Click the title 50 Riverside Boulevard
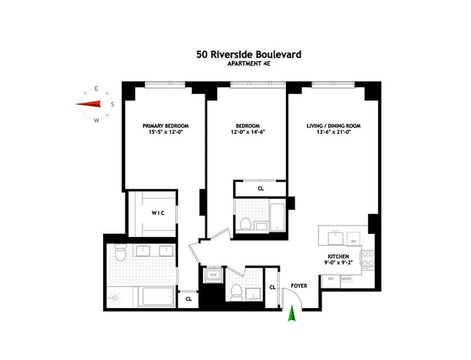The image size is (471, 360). pyautogui.click(x=249, y=55)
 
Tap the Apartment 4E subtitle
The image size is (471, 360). pyautogui.click(x=249, y=64)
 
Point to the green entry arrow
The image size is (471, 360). pyautogui.click(x=292, y=314)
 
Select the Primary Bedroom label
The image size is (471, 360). pyautogui.click(x=166, y=126)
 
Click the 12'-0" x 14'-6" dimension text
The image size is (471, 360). pyautogui.click(x=248, y=133)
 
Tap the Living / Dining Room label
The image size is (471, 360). pyautogui.click(x=334, y=126)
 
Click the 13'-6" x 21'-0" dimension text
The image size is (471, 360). pyautogui.click(x=334, y=133)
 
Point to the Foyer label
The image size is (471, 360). pyautogui.click(x=299, y=286)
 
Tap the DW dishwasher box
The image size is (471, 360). pyautogui.click(x=354, y=241)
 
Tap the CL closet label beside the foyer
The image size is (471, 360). pyautogui.click(x=272, y=287)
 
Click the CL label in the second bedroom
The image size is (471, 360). pyautogui.click(x=261, y=189)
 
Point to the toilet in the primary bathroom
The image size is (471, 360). pyautogui.click(x=120, y=254)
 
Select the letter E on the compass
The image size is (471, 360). pyautogui.click(x=96, y=89)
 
